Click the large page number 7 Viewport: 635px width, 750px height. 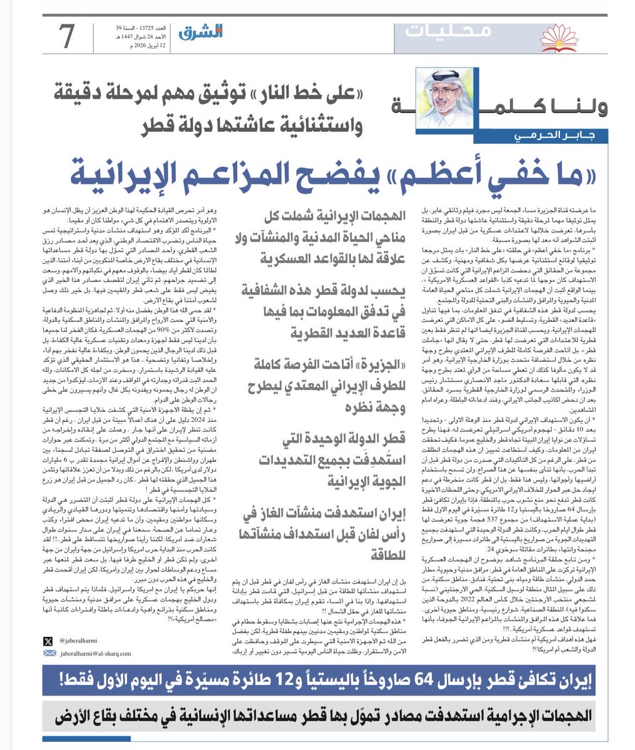click(x=67, y=36)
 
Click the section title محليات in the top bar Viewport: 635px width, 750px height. click(x=448, y=31)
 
